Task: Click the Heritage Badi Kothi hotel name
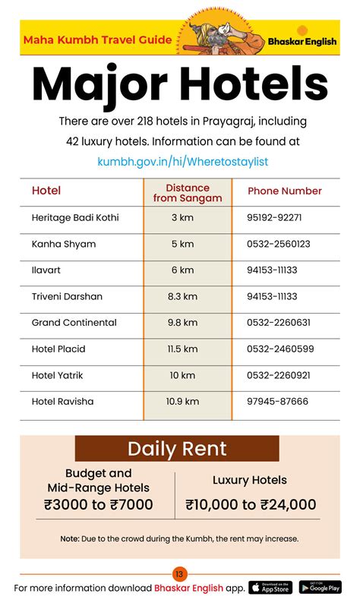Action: point(75,218)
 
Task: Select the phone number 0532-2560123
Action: point(278,245)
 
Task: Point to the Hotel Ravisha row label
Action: point(62,402)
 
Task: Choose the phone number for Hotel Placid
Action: point(278,349)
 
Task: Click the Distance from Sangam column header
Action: point(188,193)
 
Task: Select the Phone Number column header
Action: point(284,191)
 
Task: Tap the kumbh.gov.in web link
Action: point(183,162)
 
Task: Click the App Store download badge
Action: point(270,588)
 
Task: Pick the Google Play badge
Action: point(319,588)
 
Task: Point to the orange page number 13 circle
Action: point(180,574)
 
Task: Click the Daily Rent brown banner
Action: point(177,449)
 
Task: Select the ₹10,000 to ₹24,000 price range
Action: point(251,505)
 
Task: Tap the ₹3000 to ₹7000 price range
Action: point(99,505)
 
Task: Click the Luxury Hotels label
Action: point(250,480)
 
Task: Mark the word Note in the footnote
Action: point(70,538)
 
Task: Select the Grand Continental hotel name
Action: point(74,323)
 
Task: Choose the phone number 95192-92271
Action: point(274,218)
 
